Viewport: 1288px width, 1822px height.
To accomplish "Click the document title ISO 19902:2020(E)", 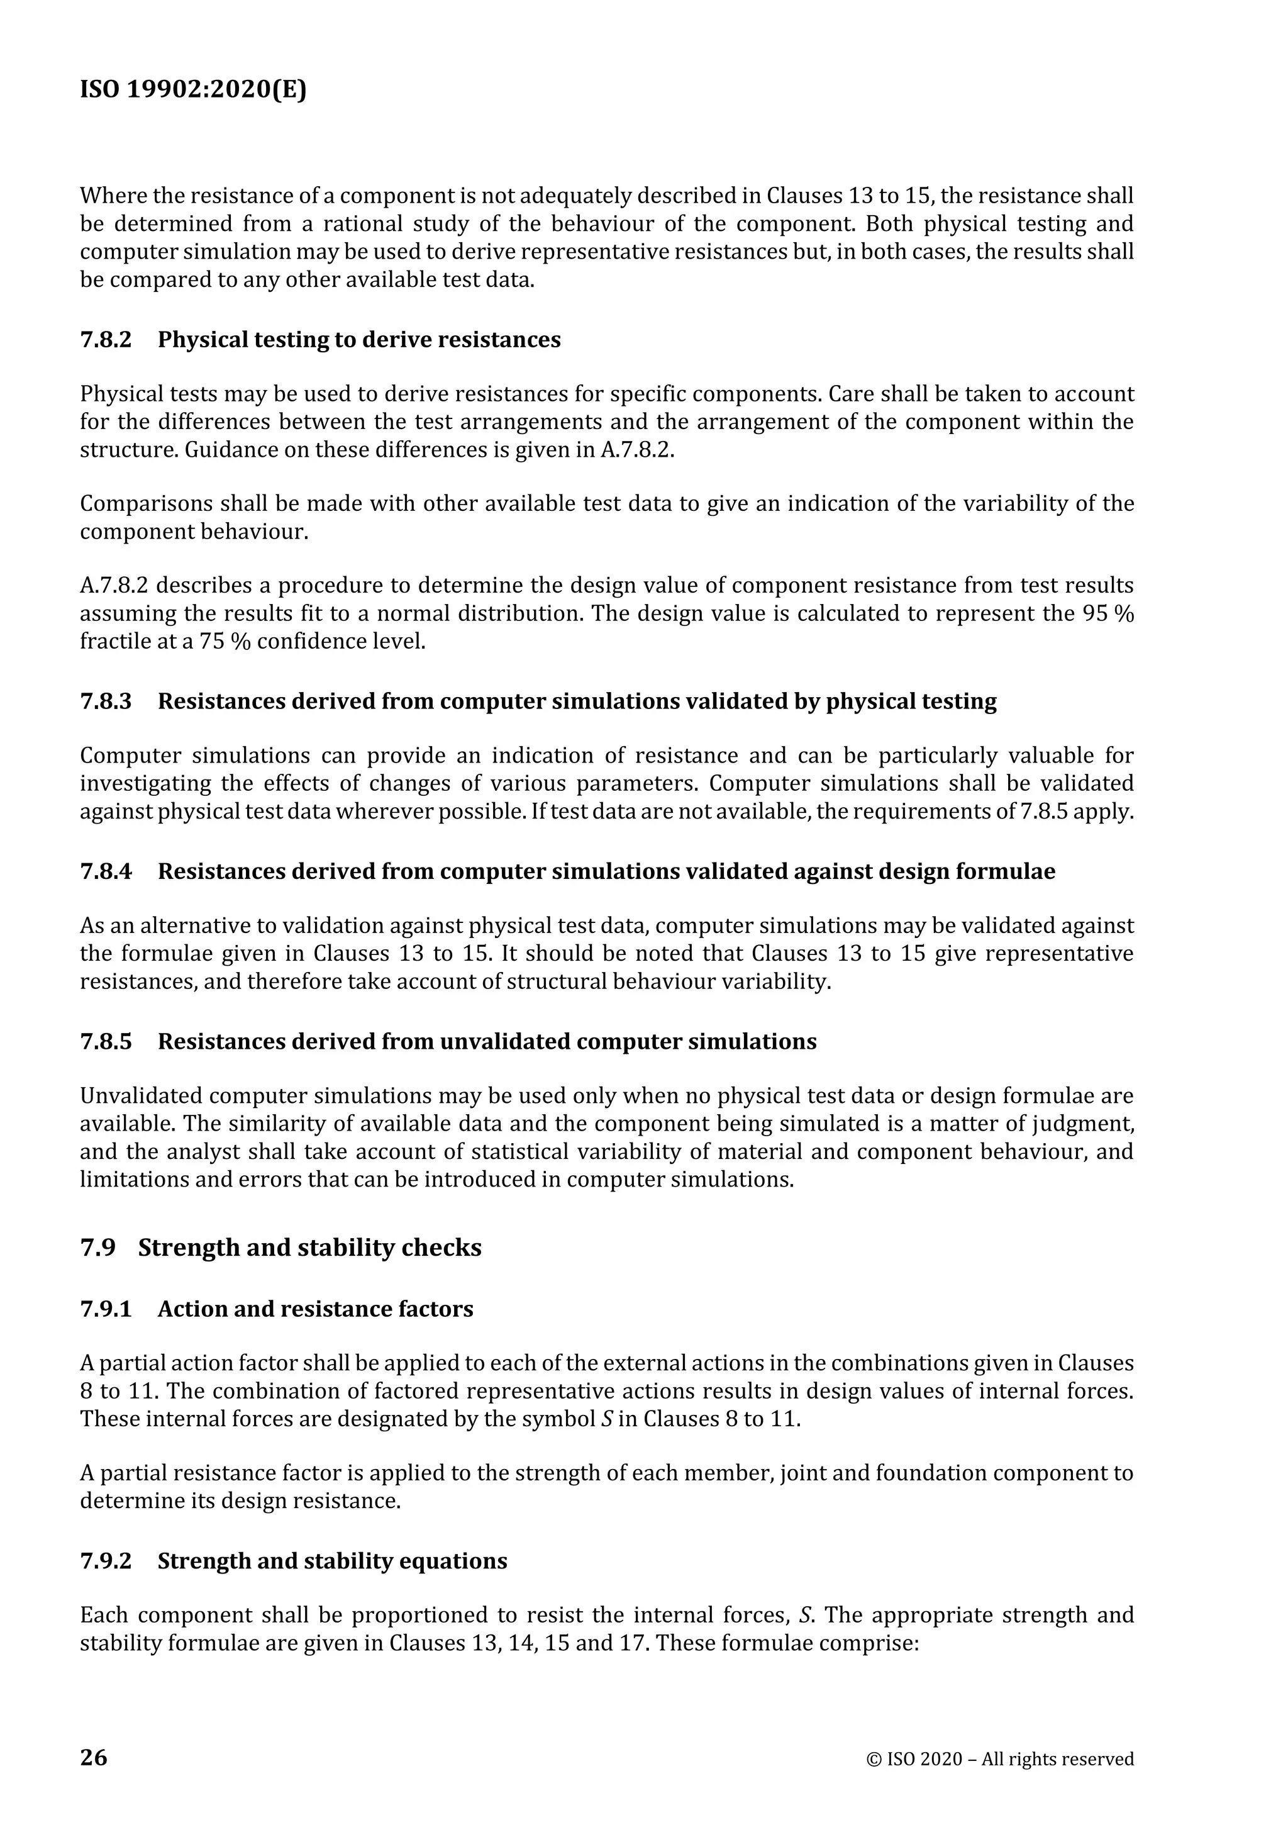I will click(192, 91).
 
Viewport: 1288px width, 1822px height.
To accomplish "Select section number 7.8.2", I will click(106, 340).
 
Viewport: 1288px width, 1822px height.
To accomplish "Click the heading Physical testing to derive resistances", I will click(358, 340).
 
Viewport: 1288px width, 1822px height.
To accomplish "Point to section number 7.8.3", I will click(106, 701).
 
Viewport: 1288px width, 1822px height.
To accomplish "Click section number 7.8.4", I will click(106, 871).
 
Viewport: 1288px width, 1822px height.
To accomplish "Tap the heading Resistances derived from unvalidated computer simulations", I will click(486, 1041).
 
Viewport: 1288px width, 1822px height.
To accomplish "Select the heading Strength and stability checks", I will click(309, 1248).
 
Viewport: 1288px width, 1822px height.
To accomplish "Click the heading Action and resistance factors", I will click(315, 1309).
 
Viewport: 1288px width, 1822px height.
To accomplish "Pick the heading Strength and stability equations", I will click(331, 1561).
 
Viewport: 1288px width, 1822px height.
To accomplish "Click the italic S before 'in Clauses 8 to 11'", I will click(607, 1419).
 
